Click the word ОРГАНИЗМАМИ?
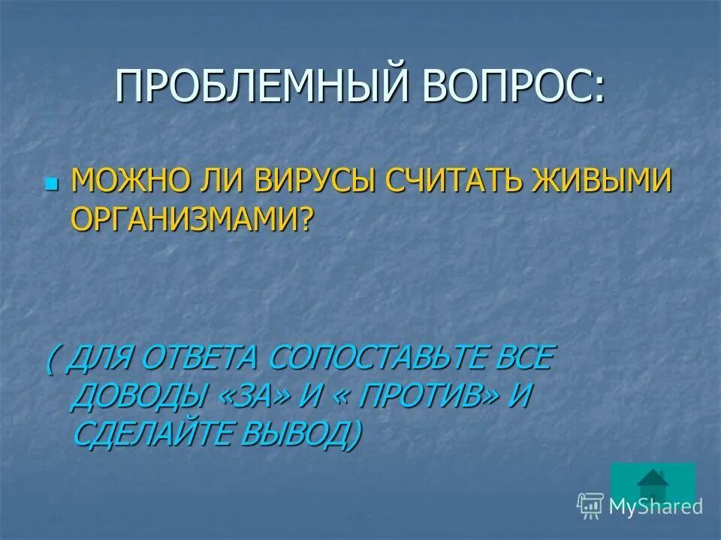[x=190, y=217]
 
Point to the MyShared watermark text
[x=655, y=506]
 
